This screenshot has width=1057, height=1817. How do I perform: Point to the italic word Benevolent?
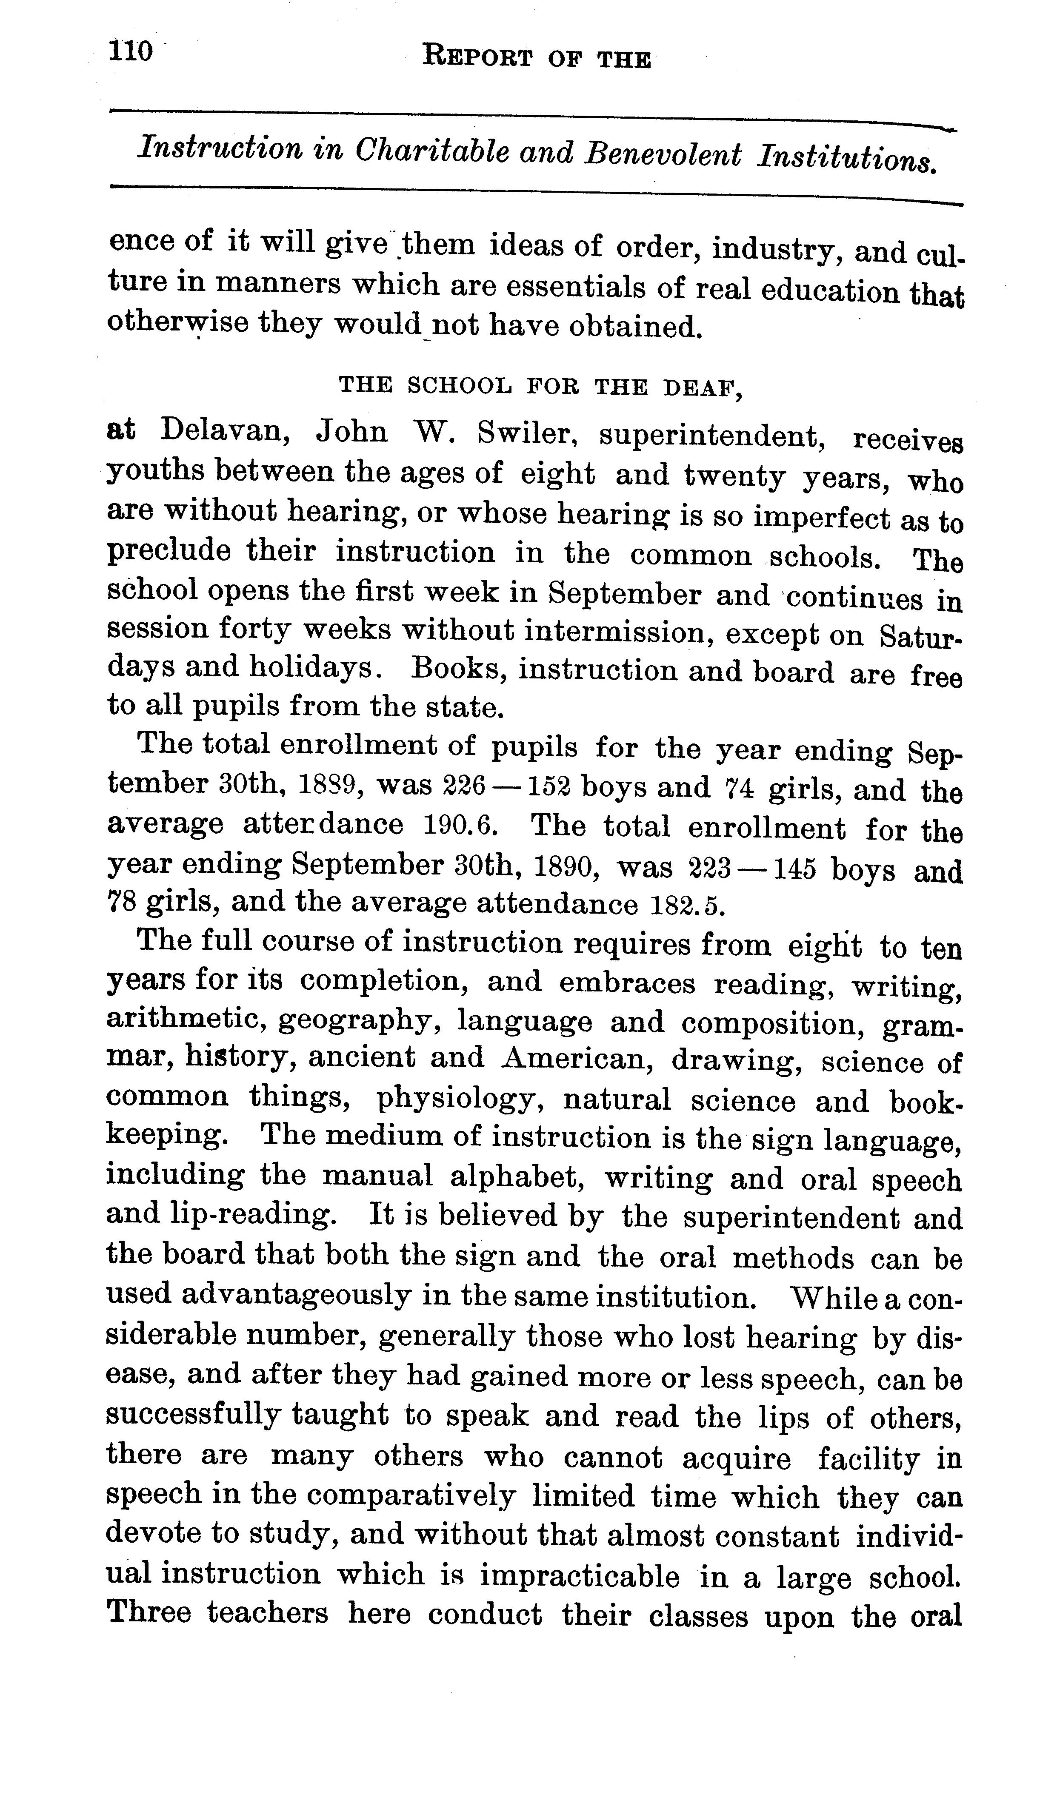click(663, 155)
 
